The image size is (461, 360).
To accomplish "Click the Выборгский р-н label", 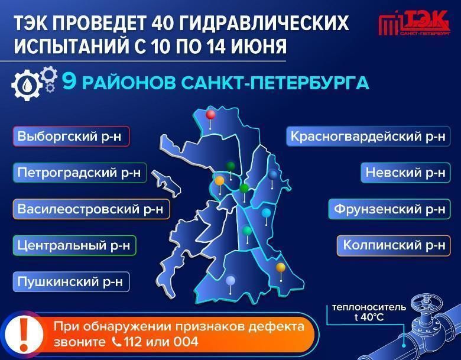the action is pos(71,136).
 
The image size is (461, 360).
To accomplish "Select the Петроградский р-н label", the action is pos(80,173).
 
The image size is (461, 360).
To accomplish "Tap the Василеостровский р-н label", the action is pos(91,209).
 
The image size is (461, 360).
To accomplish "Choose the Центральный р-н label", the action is pos(74,245).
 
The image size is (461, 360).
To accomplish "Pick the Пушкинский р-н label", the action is pos(71,282).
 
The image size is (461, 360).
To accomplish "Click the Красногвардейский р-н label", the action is pos(368,136).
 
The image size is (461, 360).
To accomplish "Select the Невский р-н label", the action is pos(405,173).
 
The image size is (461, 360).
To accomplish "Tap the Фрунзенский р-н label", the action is pos(389,209).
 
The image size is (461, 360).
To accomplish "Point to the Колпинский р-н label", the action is pos(394,245).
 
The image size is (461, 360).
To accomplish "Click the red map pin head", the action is pos(210,115).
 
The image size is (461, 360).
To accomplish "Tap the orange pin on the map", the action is pos(219,180).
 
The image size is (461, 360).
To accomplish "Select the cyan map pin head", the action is pos(266,213).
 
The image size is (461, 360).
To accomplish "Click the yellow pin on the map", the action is pos(281,267).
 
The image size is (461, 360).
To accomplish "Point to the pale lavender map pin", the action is pos(230,281).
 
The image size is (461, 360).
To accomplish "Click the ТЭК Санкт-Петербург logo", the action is pos(414,23).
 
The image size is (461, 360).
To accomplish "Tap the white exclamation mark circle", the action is pos(24,335).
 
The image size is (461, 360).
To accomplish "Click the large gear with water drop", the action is pos(27,85).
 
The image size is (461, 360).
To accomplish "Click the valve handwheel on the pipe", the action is pos(427,303).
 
